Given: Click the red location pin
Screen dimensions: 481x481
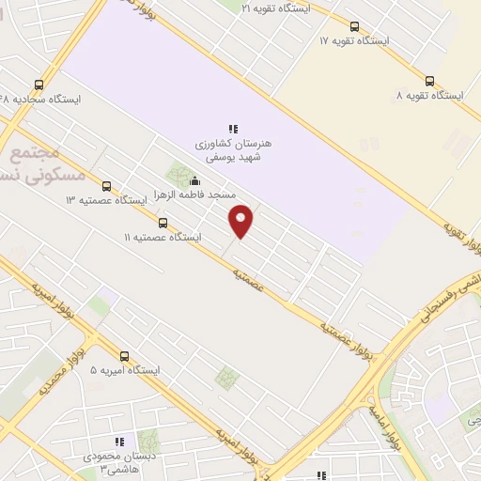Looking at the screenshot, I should (x=241, y=220).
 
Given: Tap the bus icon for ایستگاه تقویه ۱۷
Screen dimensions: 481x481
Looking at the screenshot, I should (x=354, y=26).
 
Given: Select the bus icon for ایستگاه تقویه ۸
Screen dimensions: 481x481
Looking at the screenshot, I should (x=429, y=81).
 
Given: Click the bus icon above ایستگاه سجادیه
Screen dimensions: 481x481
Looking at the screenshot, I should (x=39, y=84).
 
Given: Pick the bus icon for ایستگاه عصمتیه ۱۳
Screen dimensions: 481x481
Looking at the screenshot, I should (x=106, y=186).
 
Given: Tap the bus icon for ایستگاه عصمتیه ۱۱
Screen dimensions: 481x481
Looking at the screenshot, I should (x=163, y=224).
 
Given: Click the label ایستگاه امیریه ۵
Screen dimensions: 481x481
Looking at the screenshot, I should (x=125, y=371).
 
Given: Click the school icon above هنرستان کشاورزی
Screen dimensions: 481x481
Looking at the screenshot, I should (x=232, y=128).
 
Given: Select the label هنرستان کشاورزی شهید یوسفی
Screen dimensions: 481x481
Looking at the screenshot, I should (x=232, y=151).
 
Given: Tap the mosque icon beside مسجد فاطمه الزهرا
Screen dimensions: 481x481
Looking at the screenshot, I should (x=194, y=181).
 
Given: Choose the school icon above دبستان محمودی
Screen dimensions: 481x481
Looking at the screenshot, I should (x=119, y=442).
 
